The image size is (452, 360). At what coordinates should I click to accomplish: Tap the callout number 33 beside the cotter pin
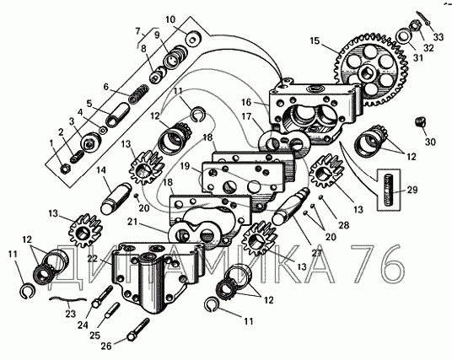[x=438, y=37]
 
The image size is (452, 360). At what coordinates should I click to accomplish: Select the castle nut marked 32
[x=415, y=26]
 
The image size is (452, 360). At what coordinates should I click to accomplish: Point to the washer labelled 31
[x=403, y=37]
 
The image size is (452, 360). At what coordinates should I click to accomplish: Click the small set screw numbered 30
[x=421, y=121]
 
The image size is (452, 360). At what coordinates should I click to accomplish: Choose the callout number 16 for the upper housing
[x=247, y=102]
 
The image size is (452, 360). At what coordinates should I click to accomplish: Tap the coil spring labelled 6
[x=138, y=94]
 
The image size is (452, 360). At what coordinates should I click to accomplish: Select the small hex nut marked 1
[x=65, y=169]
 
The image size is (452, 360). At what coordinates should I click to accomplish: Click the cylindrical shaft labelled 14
[x=116, y=198]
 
